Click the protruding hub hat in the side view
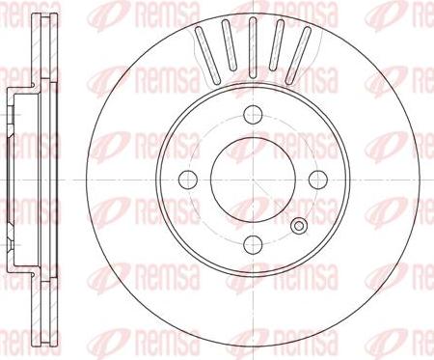pos(10,179)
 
